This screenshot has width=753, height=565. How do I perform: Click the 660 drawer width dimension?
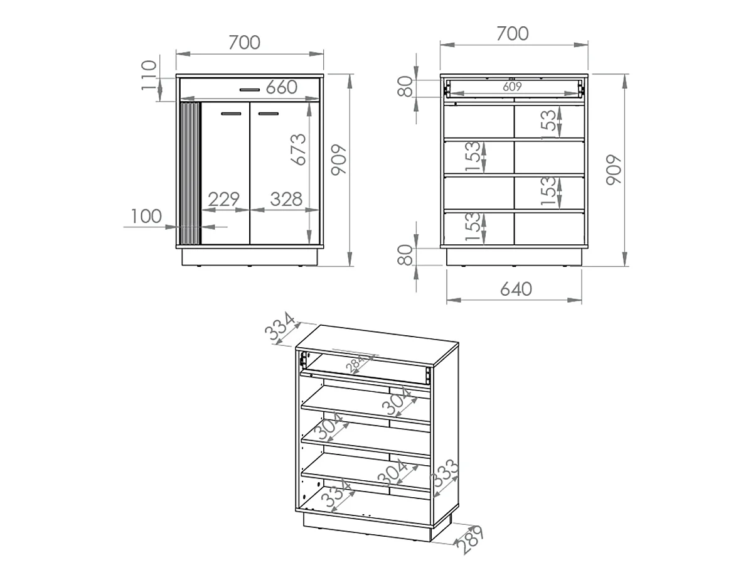point(281,87)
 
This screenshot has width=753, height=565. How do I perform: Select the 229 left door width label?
point(223,199)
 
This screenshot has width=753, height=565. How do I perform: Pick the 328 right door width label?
point(286,199)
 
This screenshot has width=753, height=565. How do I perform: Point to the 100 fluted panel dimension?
point(146,216)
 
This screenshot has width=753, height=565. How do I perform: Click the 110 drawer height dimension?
point(149,75)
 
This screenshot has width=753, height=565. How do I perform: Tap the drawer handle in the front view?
point(250,90)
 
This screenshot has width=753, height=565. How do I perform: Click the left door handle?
point(231,114)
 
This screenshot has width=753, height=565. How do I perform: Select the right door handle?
point(269,114)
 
